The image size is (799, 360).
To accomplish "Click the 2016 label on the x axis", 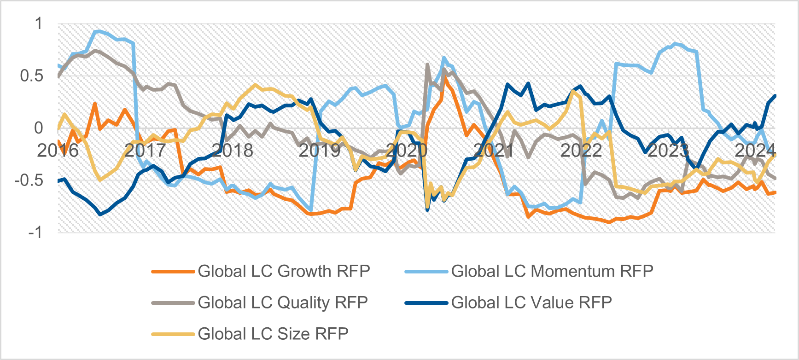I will (x=58, y=150).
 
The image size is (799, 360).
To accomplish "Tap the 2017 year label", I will (x=145, y=150).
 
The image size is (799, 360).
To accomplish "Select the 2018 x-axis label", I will (x=233, y=150).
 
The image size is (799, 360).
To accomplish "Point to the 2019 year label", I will (x=320, y=150).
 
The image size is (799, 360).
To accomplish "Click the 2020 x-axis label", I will (x=407, y=150).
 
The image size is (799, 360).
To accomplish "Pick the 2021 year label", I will (x=494, y=150).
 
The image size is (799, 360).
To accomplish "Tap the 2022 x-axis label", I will (x=581, y=150).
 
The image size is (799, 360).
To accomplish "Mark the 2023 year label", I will (x=668, y=150).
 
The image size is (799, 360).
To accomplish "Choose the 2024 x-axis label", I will (x=755, y=150).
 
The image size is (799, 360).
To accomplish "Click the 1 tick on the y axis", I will (x=39, y=23).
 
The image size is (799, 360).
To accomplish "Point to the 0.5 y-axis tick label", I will (x=32, y=76).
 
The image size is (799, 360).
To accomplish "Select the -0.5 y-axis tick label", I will (x=29, y=180).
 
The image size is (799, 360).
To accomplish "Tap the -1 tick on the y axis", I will (x=35, y=232).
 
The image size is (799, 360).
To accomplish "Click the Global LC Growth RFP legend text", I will (x=284, y=271).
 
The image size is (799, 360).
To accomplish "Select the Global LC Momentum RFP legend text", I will (x=552, y=271).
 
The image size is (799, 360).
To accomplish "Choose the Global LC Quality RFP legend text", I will (x=283, y=302).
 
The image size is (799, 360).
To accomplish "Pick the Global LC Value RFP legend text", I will (x=531, y=302).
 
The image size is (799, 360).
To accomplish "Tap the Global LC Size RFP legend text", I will (x=273, y=333).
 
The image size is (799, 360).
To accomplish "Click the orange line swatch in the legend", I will (x=173, y=272).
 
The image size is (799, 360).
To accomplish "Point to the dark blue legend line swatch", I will (x=426, y=303).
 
